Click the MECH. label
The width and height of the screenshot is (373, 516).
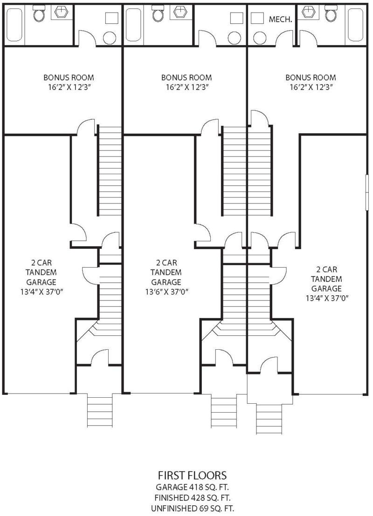tap(280, 19)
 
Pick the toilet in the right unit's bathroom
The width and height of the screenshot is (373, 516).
tap(331, 14)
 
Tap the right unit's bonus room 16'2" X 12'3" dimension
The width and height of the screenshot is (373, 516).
tap(311, 87)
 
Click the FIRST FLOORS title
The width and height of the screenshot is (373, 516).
tap(193, 475)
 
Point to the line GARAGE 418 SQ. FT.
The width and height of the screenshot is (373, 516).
tap(193, 487)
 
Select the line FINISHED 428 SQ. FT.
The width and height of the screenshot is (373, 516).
tap(193, 497)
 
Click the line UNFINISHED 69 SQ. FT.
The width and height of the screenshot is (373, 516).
tap(193, 507)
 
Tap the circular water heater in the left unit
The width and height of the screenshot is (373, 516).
tap(110, 37)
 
